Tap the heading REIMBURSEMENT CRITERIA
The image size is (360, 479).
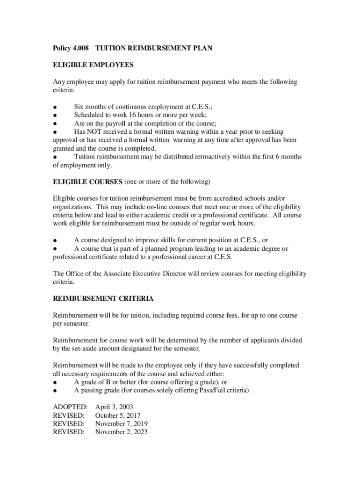tap(103, 298)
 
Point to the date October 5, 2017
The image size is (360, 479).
tap(118, 415)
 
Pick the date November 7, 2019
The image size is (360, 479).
tap(121, 424)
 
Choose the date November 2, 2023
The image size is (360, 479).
tap(121, 432)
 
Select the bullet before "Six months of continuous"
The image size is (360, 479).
tap(55, 107)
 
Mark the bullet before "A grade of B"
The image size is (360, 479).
tap(55, 383)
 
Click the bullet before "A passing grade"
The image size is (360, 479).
tap(55, 391)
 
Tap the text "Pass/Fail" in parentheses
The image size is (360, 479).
tap(207, 391)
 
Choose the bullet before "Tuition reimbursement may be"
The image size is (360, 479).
tap(55, 157)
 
